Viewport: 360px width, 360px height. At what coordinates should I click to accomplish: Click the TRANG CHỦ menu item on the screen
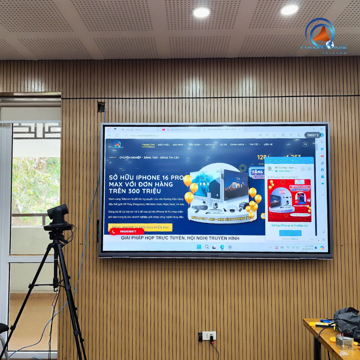click(x=148, y=144)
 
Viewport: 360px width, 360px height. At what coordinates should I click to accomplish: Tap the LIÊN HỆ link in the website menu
click(x=268, y=144)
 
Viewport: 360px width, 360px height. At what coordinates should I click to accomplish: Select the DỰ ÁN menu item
click(x=224, y=144)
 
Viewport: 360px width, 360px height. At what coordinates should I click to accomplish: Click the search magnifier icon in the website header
click(x=305, y=144)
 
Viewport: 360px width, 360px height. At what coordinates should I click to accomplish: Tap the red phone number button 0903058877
click(x=127, y=231)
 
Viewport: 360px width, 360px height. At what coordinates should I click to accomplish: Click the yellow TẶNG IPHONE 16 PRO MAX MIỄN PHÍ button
click(x=140, y=228)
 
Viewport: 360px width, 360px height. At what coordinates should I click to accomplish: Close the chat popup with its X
click(x=311, y=160)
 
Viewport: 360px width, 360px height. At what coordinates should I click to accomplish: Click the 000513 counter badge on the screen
click(x=312, y=135)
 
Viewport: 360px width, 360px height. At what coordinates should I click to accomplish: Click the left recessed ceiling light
click(x=202, y=12)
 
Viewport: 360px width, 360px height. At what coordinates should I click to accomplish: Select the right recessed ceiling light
click(x=289, y=10)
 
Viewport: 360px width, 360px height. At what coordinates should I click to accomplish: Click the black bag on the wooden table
click(x=347, y=320)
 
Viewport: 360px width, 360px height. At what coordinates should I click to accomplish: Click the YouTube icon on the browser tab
click(x=164, y=129)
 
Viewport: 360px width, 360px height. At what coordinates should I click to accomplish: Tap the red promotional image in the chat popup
click(x=289, y=200)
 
